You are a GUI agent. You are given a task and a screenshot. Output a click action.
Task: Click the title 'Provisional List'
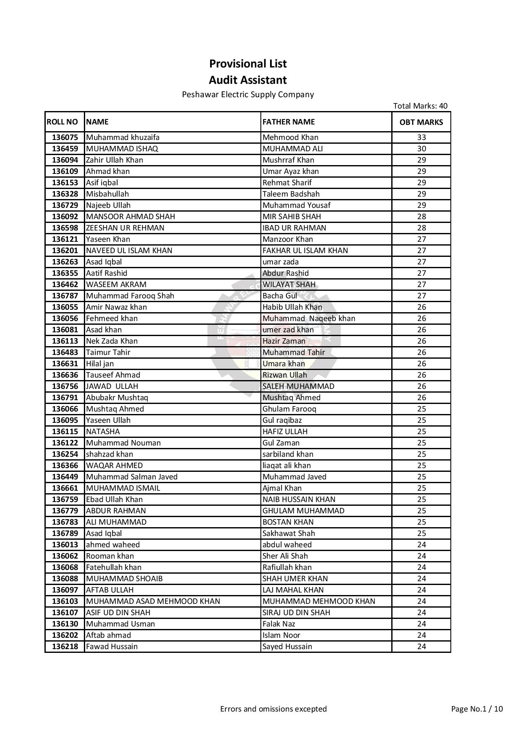pos(248,64)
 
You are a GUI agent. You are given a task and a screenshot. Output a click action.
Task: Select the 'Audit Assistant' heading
pos(248,80)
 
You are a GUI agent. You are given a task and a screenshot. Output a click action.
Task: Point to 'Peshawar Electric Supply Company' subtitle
pos(248,95)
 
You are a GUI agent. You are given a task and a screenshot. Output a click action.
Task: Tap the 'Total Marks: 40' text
pos(420,106)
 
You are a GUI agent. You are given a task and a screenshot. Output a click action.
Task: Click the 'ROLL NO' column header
pos(62,122)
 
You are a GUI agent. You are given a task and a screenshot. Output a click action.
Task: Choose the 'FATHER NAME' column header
pos(289,122)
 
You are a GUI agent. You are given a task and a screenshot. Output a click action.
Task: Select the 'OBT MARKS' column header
pos(421,122)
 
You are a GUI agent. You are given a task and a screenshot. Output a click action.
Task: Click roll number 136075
pos(65,137)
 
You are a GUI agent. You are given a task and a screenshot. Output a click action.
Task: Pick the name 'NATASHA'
pos(103,432)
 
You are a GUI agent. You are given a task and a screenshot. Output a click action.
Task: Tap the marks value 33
pos(421,137)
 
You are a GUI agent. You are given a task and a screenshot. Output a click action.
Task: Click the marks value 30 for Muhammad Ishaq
pos(421,149)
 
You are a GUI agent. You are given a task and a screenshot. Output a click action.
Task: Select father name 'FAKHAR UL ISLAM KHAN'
pos(305,251)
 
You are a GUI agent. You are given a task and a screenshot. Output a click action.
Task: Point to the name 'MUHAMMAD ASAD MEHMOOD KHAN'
pos(153,601)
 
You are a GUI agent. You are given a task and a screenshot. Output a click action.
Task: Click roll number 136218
pos(65,647)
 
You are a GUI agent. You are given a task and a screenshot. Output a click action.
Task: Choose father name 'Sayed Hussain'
pos(287,647)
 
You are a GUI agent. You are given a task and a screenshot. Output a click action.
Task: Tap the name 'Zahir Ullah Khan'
pos(114,160)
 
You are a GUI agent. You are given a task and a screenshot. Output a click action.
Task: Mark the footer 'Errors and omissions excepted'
pos(273,709)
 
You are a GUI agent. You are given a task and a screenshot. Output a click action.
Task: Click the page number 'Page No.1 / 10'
pos(477,709)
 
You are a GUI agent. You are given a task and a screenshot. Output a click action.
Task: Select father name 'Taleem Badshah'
pos(291,194)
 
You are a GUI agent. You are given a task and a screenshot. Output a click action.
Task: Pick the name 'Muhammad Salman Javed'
pos(132,477)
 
